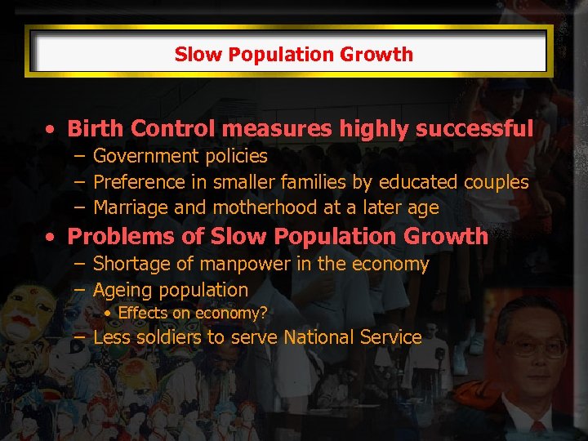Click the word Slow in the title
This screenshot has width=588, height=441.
point(192,55)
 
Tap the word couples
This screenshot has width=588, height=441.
point(497,182)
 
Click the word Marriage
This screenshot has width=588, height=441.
point(131,208)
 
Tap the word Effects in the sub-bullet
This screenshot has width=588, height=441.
point(143,313)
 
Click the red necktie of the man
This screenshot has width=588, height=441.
point(537,430)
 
